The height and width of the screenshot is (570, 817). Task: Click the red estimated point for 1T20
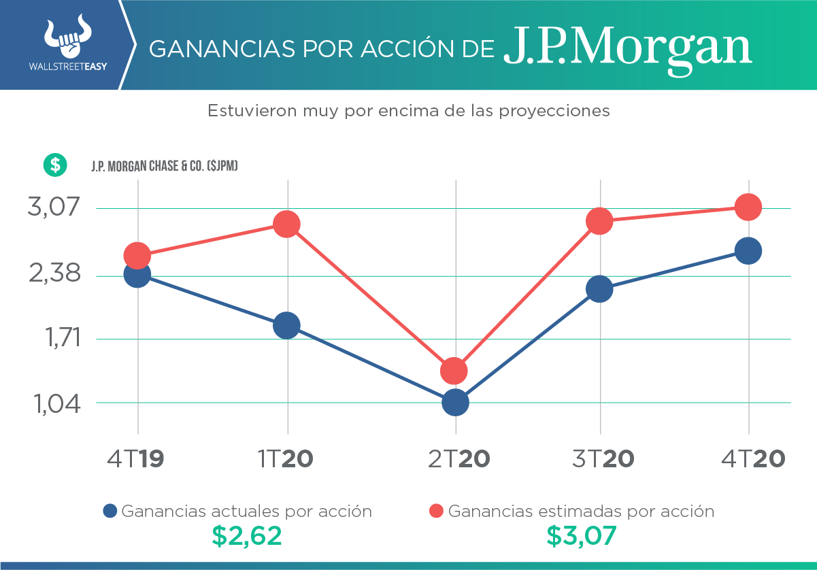coord(286,224)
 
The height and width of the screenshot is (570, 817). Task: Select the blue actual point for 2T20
coord(455,403)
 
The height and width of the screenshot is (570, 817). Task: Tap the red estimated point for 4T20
coord(748,207)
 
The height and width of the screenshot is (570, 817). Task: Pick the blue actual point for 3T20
coord(599,289)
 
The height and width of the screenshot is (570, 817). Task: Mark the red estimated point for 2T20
coord(454,371)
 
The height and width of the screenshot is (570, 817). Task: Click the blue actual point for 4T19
coord(137,274)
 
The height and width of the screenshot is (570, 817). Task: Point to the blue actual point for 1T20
coord(286,325)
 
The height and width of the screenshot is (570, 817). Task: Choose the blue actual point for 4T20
coord(748,251)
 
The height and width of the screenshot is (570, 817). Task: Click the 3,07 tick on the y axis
coord(54,207)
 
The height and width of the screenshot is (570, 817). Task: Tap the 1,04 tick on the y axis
coord(54,405)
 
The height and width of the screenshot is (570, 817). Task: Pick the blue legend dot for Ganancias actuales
coord(110,512)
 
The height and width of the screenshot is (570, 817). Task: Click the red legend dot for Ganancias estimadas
coord(437,512)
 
